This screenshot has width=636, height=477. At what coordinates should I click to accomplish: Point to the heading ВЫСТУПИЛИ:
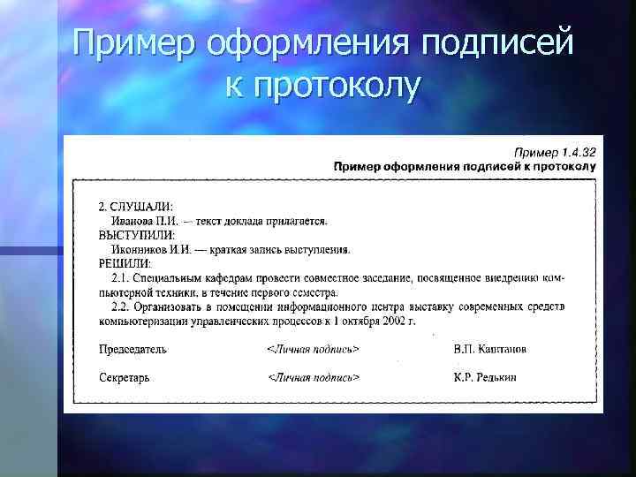[x=136, y=234]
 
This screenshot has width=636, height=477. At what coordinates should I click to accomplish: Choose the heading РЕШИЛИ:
[x=125, y=262]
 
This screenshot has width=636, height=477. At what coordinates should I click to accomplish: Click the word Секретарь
[x=124, y=377]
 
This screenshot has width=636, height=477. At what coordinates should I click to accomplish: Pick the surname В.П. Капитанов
[x=489, y=348]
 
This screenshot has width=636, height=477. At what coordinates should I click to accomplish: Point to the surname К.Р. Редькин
[x=485, y=377]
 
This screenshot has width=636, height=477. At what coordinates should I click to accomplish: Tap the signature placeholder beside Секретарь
[x=314, y=377]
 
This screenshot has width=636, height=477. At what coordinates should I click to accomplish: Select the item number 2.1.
[x=121, y=277]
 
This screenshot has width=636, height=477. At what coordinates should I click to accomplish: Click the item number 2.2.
[x=121, y=306]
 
